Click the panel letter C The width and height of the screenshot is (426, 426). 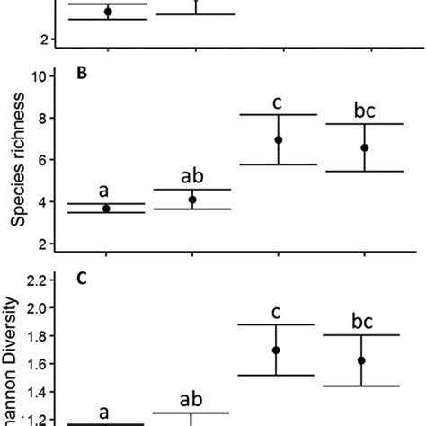click(x=82, y=279)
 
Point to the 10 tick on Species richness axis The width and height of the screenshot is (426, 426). click(x=39, y=76)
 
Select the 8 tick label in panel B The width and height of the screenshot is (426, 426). click(x=42, y=118)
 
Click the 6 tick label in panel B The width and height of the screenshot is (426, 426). click(x=42, y=160)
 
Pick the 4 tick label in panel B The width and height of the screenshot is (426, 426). click(x=42, y=202)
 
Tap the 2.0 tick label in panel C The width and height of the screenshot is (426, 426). click(x=35, y=308)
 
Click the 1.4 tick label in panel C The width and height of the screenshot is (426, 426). click(x=35, y=391)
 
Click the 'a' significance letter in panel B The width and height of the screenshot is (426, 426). click(x=104, y=191)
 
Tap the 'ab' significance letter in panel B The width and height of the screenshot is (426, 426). click(x=192, y=177)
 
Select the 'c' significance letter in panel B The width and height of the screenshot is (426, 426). click(x=279, y=102)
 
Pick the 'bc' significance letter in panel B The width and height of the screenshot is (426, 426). click(x=364, y=112)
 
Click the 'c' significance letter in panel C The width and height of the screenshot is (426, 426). click(x=279, y=312)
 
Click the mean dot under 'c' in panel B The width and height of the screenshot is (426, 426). click(x=279, y=140)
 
